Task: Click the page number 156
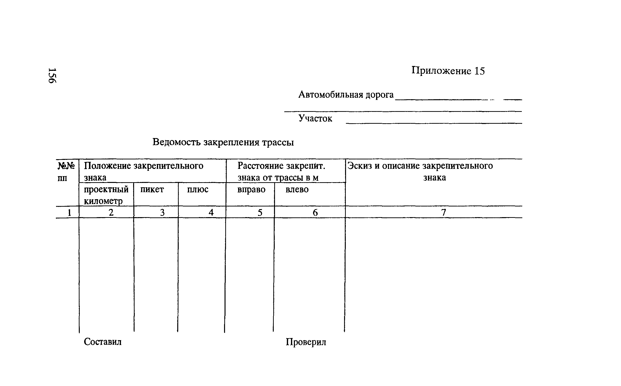click(x=52, y=75)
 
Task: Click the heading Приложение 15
click(x=448, y=71)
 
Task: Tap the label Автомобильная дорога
click(x=346, y=95)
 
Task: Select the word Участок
click(x=315, y=118)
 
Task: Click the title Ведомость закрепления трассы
click(x=223, y=142)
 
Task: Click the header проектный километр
click(x=106, y=195)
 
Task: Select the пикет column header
click(x=152, y=189)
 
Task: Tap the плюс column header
click(x=197, y=189)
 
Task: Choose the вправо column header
click(x=251, y=189)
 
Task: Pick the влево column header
click(x=297, y=189)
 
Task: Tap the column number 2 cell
click(x=111, y=212)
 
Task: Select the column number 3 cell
click(x=162, y=212)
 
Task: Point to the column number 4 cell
click(x=211, y=212)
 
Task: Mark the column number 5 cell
click(x=260, y=212)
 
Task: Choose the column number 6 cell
click(x=315, y=212)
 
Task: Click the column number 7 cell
click(x=444, y=212)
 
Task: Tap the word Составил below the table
click(x=103, y=342)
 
